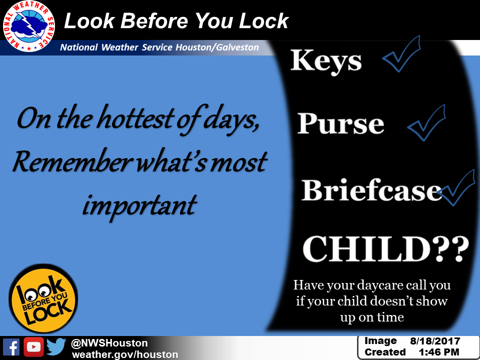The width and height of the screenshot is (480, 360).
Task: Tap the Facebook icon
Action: click(11, 347)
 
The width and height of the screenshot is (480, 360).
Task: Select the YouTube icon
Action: click(33, 347)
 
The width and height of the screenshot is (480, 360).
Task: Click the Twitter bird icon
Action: click(56, 346)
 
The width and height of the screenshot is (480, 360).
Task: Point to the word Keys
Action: click(326, 61)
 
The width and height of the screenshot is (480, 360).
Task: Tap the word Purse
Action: click(340, 123)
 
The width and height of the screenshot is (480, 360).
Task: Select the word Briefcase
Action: click(371, 190)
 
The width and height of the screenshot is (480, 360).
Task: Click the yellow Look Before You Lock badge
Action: click(43, 298)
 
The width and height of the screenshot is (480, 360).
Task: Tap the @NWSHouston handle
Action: click(109, 343)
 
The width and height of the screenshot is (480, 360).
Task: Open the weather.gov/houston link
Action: click(125, 354)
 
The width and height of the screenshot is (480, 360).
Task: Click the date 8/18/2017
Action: click(435, 341)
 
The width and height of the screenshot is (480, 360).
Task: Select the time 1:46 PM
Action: click(439, 352)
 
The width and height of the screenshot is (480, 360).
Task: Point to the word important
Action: click(139, 205)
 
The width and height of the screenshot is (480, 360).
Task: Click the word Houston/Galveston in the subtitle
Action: click(217, 47)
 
